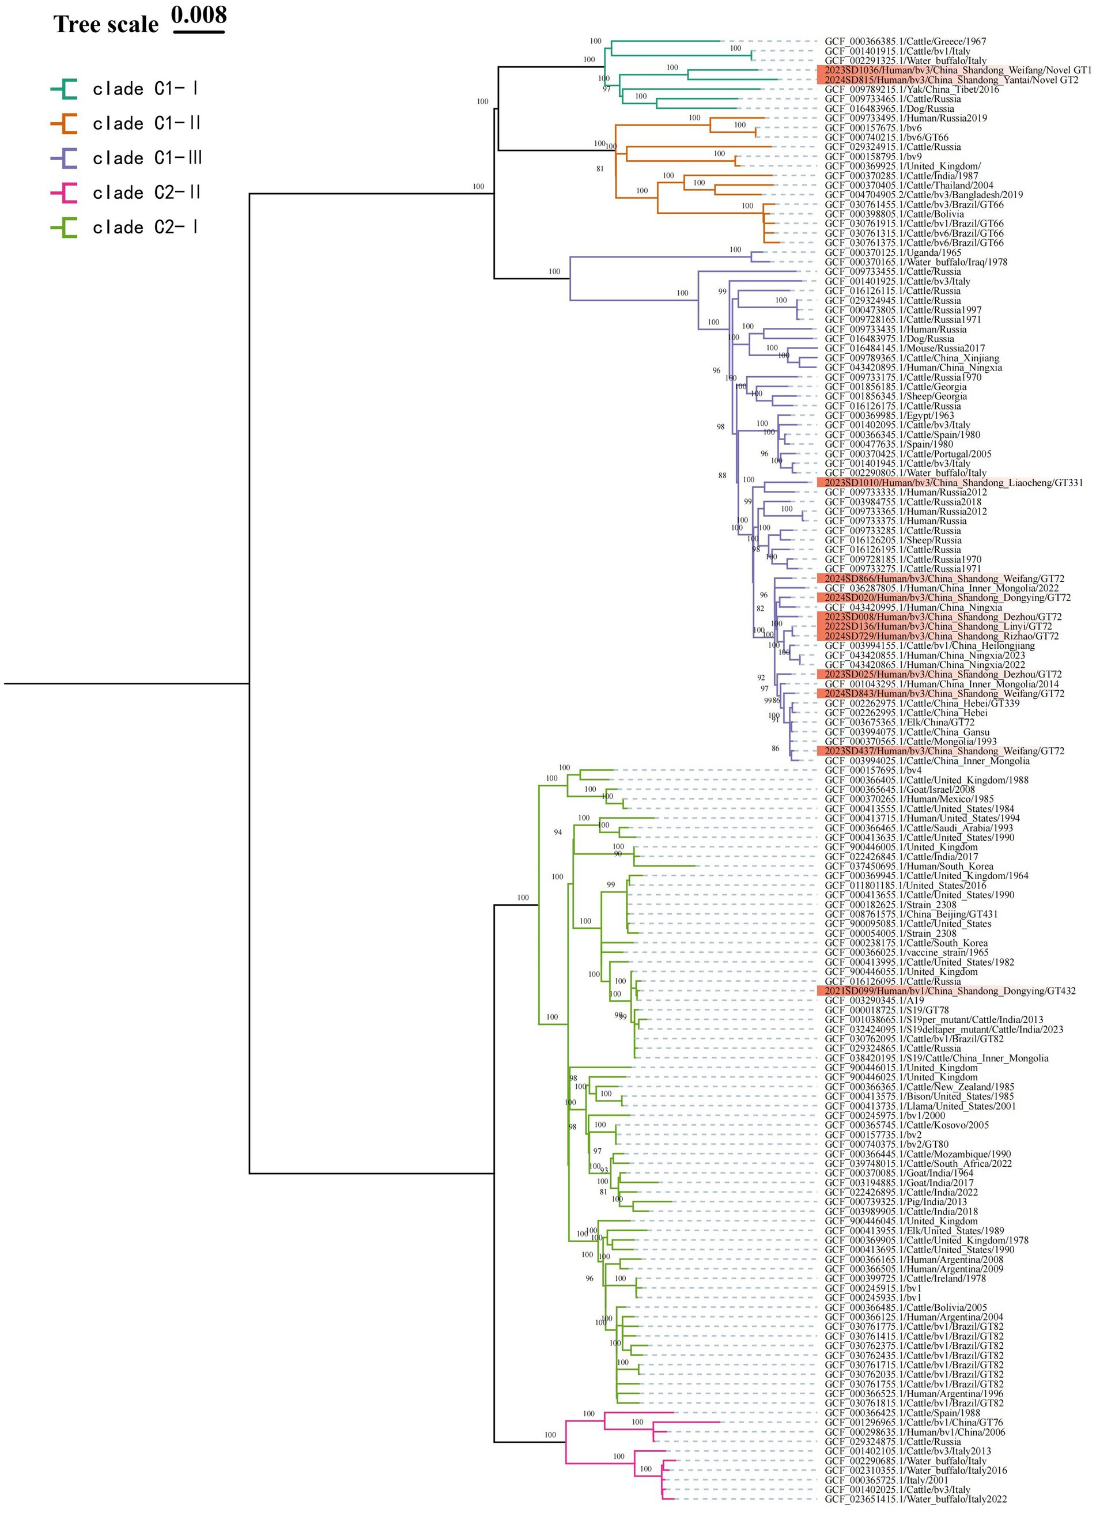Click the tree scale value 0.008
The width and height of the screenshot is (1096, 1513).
(x=199, y=14)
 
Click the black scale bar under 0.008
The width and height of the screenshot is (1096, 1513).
(x=199, y=31)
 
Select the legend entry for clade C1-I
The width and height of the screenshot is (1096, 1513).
(x=145, y=89)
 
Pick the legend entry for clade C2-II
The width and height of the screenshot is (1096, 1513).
(x=147, y=193)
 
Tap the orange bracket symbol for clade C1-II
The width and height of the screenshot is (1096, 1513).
(x=64, y=123)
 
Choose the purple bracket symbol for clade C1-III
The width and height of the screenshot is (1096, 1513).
(x=64, y=158)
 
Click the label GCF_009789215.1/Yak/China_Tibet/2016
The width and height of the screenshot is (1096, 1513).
(x=912, y=89)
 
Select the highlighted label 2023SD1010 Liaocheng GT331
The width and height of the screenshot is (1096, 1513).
(x=950, y=482)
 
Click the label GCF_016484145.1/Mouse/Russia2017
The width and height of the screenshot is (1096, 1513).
(x=905, y=348)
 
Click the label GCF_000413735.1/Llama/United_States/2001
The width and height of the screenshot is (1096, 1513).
(x=920, y=1106)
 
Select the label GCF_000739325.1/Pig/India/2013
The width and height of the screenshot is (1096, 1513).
(x=895, y=1202)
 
